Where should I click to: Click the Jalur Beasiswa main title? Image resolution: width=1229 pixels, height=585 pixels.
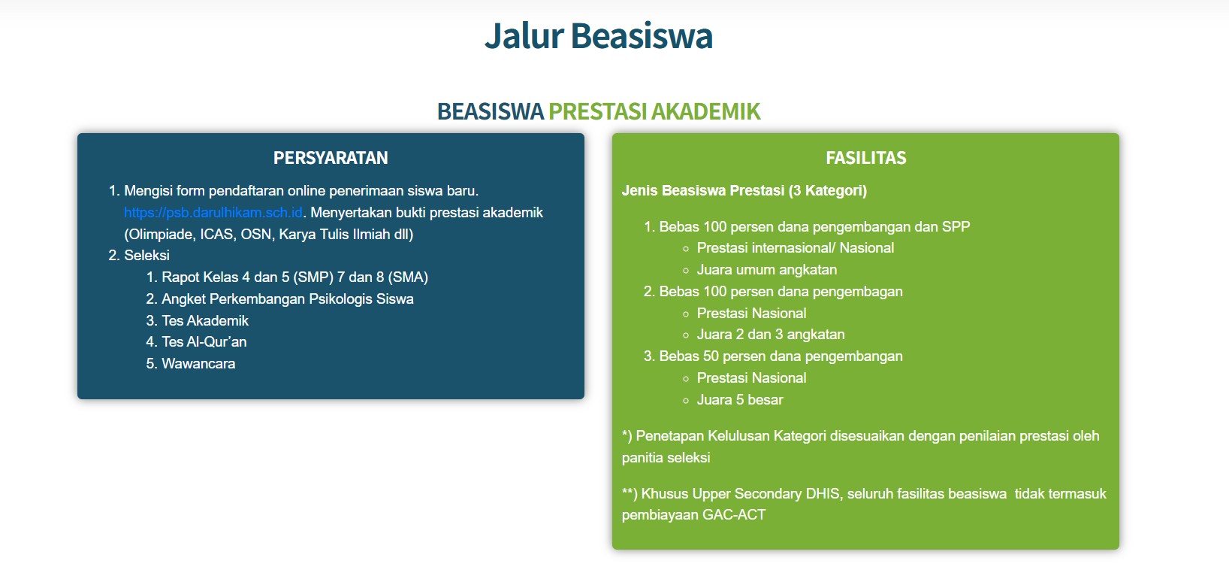598,36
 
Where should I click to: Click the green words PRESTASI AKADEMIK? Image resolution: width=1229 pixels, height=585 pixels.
654,111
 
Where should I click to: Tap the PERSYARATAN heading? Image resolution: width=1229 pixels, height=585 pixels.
331,158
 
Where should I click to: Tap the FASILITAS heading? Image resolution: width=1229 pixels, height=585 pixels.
865,158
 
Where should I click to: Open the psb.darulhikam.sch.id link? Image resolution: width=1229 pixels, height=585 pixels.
213,213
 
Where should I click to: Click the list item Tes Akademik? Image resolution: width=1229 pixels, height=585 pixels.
204,320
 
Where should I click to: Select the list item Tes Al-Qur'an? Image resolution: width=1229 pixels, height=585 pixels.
204,342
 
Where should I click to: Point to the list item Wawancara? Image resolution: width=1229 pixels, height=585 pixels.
198,364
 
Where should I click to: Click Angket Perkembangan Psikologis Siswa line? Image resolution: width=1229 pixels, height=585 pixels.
287,299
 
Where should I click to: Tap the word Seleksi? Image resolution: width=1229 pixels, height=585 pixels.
146,256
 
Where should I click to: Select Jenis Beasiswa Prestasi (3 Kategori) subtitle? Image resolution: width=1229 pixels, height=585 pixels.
744,191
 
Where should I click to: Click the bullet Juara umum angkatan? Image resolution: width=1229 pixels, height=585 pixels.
766,270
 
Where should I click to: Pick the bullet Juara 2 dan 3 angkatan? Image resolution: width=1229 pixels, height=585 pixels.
770,335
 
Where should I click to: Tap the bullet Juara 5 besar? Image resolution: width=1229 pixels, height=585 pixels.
739,400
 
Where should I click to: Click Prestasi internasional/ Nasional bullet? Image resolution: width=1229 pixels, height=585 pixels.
795,248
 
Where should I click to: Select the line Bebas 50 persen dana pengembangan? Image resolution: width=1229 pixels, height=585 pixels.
780,356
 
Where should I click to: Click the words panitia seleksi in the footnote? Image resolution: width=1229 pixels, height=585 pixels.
666,458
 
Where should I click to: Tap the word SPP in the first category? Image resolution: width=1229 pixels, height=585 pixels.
956,227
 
